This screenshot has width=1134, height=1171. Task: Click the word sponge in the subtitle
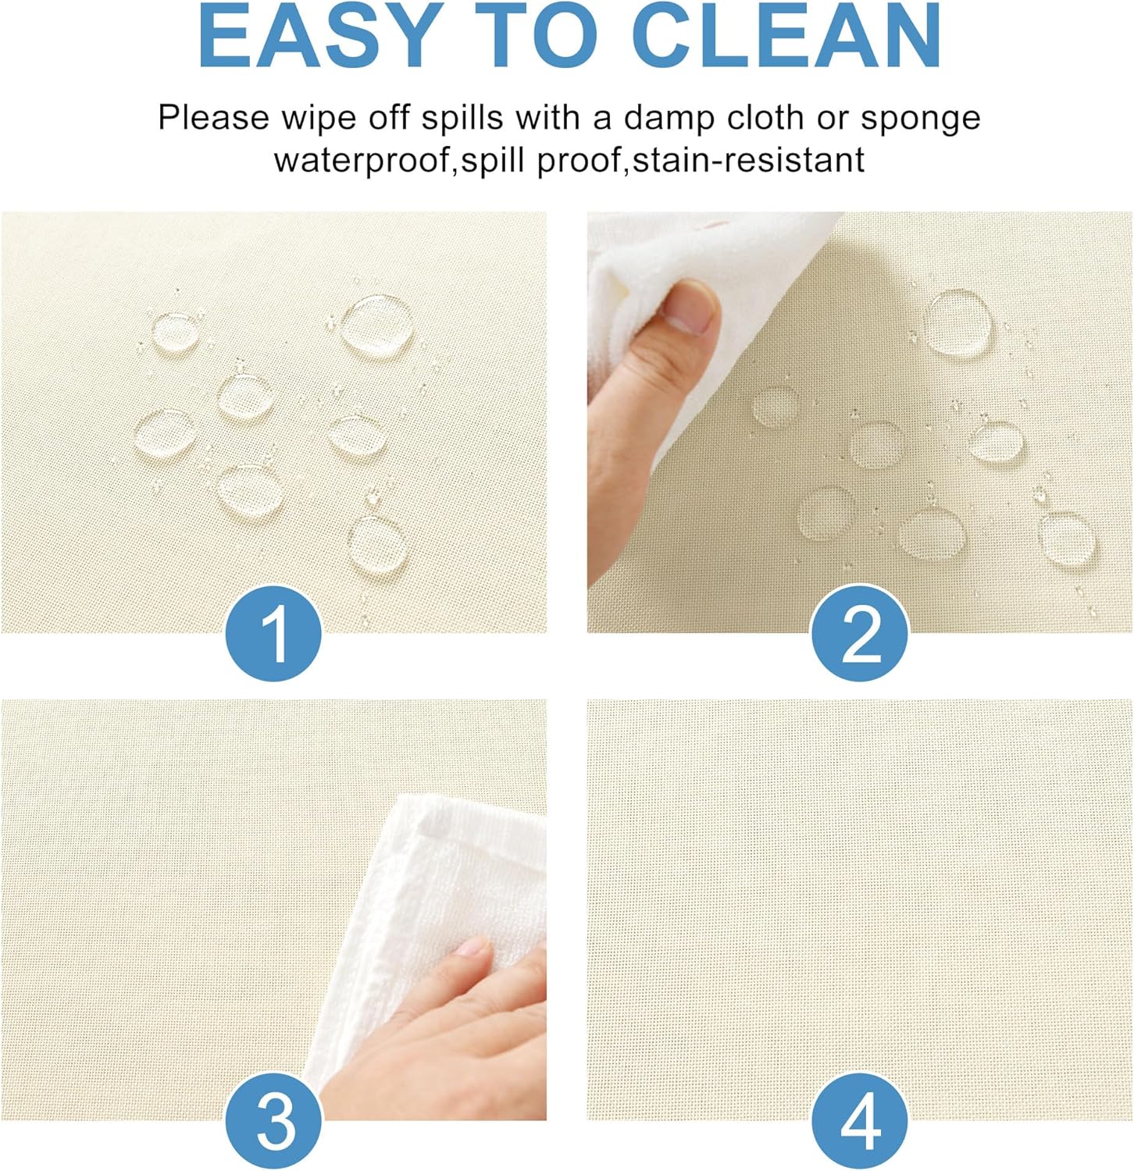click(920, 119)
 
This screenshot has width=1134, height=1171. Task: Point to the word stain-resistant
click(748, 159)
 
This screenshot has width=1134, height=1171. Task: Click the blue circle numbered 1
click(274, 634)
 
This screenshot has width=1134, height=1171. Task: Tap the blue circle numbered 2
click(860, 633)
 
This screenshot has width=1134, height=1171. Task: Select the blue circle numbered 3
click(274, 1120)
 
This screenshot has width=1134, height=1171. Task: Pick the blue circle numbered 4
click(860, 1120)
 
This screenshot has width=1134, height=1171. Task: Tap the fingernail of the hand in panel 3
click(474, 947)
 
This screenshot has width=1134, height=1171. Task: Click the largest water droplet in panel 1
click(377, 325)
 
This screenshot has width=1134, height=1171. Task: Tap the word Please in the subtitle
click(215, 119)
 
